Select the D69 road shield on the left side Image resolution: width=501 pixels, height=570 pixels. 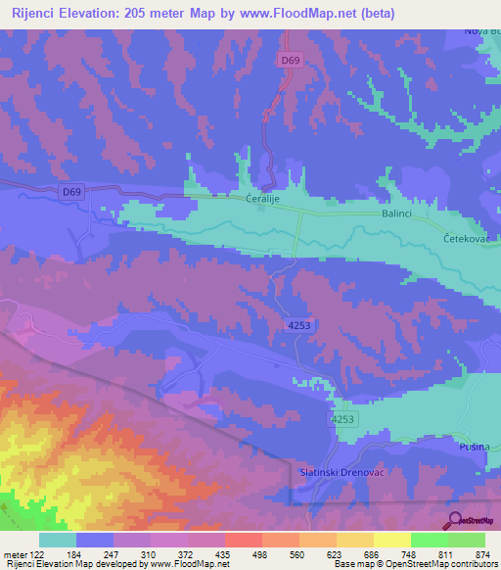click(x=71, y=192)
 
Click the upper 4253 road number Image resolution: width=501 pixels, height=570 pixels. click(x=300, y=324)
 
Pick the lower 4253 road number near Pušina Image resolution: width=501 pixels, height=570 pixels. click(x=342, y=418)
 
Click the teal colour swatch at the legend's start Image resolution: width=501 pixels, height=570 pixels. click(x=57, y=540)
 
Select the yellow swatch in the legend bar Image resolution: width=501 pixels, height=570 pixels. click(x=391, y=540)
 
